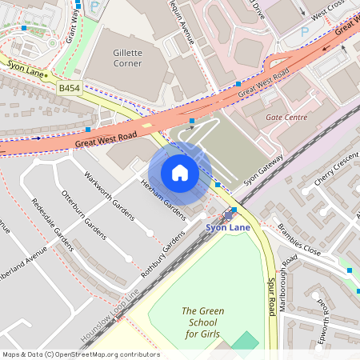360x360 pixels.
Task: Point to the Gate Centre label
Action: click(x=286, y=117)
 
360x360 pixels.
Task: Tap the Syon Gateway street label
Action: click(x=264, y=170)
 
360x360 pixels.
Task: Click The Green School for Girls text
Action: click(x=201, y=322)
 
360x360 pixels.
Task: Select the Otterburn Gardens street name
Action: click(x=83, y=214)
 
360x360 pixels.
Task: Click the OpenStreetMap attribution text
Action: click(x=80, y=354)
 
